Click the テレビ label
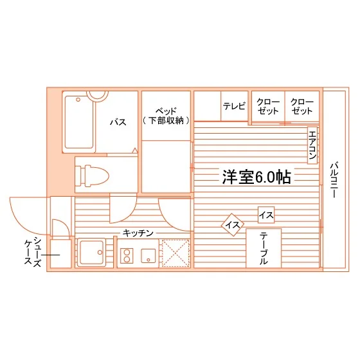[234, 106]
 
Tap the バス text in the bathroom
[118, 122]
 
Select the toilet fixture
[92, 175]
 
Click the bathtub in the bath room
[78, 122]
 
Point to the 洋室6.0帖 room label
[256, 177]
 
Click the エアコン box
[312, 145]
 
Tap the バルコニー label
[334, 180]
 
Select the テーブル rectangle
[264, 248]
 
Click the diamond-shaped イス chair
[232, 225]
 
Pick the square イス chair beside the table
[266, 215]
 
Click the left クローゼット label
[268, 107]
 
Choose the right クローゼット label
[302, 107]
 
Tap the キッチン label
[138, 233]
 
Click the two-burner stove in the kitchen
[127, 256]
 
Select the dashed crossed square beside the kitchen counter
[175, 253]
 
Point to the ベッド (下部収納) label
[166, 116]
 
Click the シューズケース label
[33, 251]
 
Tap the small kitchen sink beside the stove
[148, 256]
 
